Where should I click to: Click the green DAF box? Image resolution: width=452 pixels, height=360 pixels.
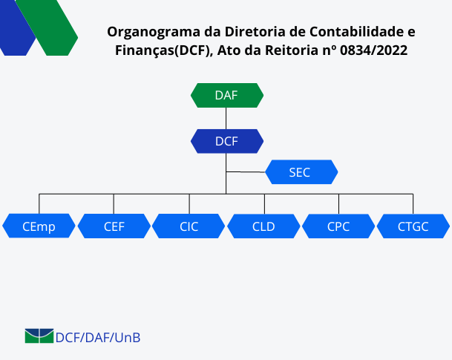pyautogui.click(x=227, y=96)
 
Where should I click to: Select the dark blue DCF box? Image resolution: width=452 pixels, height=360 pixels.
pyautogui.click(x=227, y=141)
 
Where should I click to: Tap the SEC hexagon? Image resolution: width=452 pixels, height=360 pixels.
pyautogui.click(x=301, y=172)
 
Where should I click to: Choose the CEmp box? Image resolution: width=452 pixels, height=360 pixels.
pyautogui.click(x=39, y=226)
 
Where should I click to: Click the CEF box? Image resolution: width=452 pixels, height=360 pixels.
pyautogui.click(x=114, y=226)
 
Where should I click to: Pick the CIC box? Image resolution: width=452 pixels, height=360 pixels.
pyautogui.click(x=189, y=226)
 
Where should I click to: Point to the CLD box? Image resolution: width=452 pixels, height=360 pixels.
pyautogui.click(x=263, y=226)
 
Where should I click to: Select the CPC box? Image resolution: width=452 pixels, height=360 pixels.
pyautogui.click(x=338, y=226)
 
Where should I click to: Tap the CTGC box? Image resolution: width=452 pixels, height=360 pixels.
pyautogui.click(x=413, y=226)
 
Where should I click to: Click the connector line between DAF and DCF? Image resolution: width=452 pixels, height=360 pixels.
pyautogui.click(x=226, y=119)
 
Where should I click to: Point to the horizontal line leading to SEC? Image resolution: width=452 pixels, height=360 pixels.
pyautogui.click(x=246, y=172)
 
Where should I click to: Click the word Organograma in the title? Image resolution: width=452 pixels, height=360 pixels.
pyautogui.click(x=154, y=32)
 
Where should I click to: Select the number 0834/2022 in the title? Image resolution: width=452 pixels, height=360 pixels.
pyautogui.click(x=373, y=50)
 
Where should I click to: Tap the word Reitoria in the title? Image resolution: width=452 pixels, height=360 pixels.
pyautogui.click(x=292, y=50)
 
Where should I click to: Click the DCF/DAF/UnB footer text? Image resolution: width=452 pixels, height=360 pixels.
pyautogui.click(x=98, y=338)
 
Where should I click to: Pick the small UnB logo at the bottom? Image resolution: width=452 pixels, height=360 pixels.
pyautogui.click(x=39, y=336)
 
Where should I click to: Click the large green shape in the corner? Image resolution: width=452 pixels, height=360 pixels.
pyautogui.click(x=47, y=27)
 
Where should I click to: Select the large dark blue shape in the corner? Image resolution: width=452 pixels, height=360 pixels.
pyautogui.click(x=17, y=27)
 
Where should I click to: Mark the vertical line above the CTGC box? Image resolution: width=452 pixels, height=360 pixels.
pyautogui.click(x=413, y=204)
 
